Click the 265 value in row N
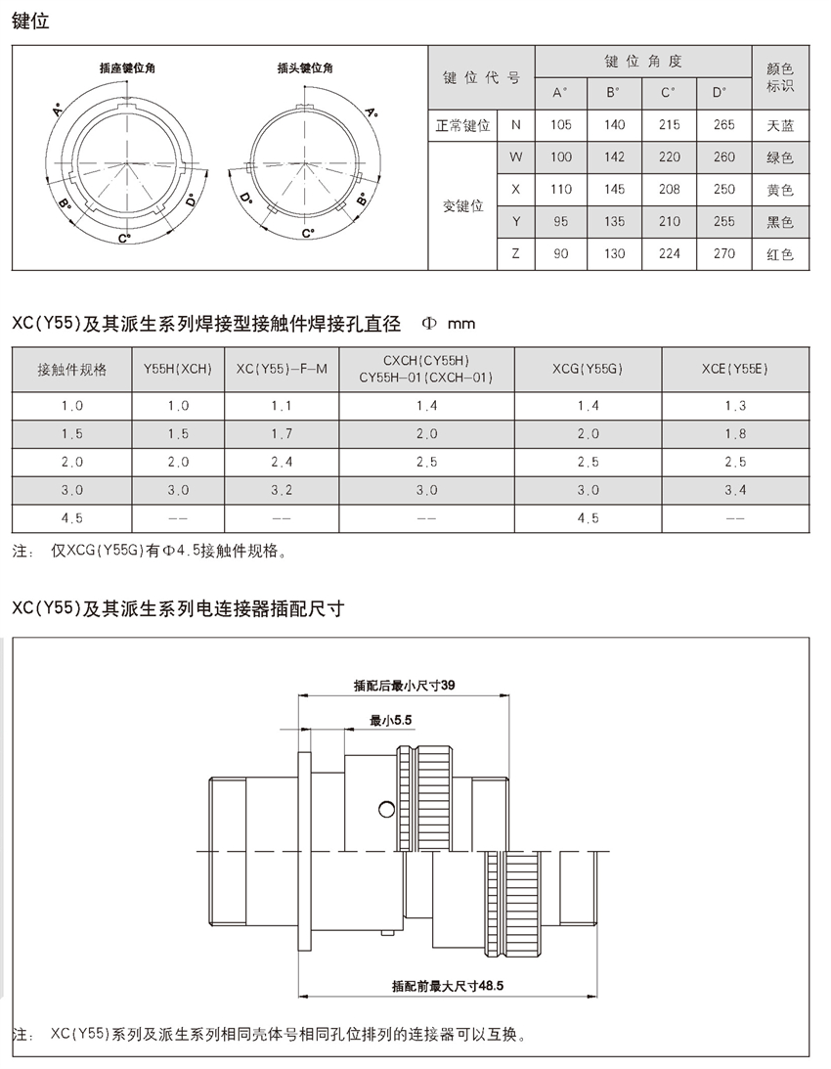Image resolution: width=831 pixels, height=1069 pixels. click(x=723, y=125)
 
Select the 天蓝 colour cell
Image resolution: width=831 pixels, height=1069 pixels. click(x=780, y=125)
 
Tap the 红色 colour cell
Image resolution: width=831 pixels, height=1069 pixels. click(x=780, y=255)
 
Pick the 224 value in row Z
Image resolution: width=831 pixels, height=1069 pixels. click(x=669, y=255)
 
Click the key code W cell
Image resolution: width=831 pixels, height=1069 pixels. click(x=516, y=157)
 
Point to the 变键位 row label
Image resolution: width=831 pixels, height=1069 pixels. click(x=463, y=206)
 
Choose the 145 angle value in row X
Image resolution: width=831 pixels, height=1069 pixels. click(x=615, y=190)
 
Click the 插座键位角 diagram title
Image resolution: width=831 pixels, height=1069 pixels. click(x=128, y=68)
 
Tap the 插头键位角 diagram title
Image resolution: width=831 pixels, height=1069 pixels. click(x=305, y=68)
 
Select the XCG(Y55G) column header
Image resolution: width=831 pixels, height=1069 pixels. click(x=589, y=369)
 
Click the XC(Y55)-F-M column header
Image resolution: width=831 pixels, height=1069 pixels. click(x=282, y=369)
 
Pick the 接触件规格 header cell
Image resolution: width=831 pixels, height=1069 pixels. click(x=71, y=369)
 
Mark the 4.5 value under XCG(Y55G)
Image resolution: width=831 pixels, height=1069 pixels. click(x=589, y=517)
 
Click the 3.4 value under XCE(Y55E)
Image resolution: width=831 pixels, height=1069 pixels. click(x=735, y=489)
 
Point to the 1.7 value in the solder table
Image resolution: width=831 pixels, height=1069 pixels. click(x=282, y=433)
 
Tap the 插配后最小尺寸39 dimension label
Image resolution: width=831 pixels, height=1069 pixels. click(x=405, y=686)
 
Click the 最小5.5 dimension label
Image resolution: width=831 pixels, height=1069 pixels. click(x=392, y=720)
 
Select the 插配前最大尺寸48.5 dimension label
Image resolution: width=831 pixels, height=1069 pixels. click(x=447, y=987)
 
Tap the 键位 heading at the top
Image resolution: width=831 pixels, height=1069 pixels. click(x=30, y=21)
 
